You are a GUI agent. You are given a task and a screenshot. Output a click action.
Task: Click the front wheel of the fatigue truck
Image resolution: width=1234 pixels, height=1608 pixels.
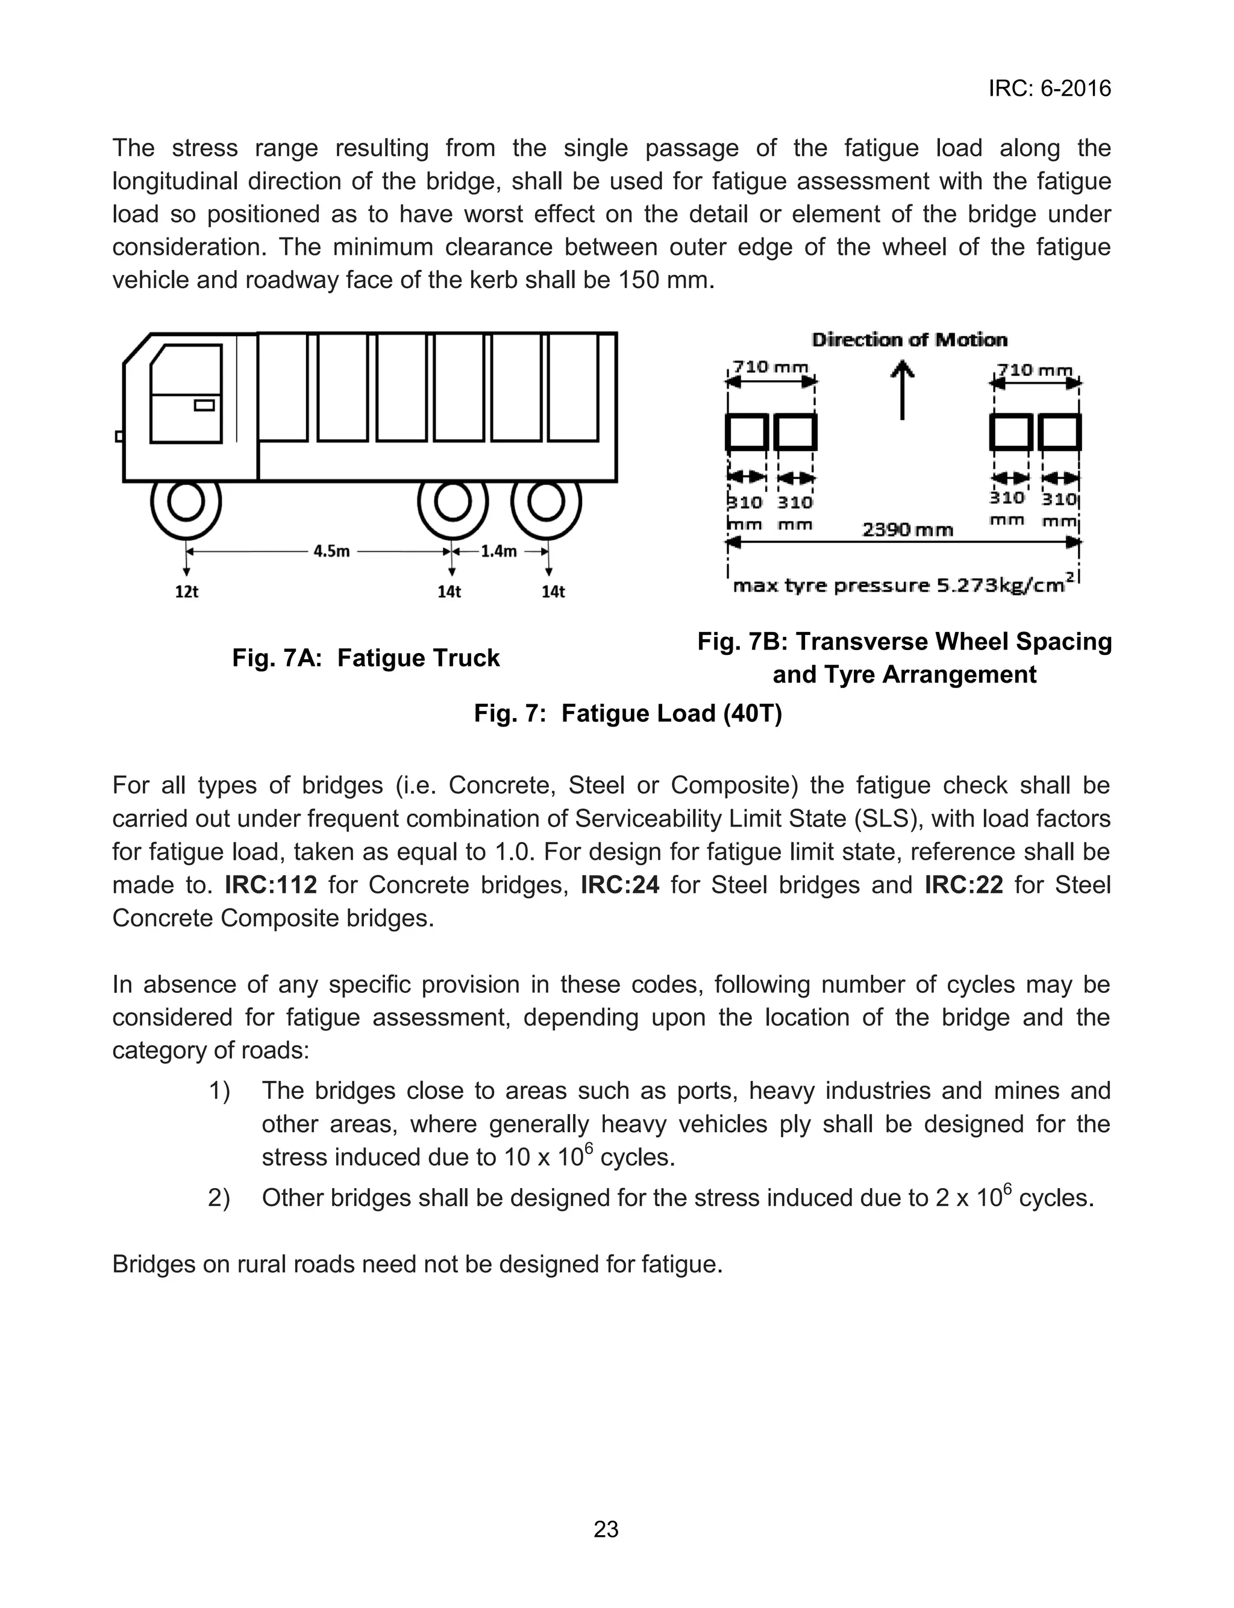(186, 503)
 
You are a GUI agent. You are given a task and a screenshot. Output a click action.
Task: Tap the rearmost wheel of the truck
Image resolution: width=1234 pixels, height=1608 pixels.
(546, 503)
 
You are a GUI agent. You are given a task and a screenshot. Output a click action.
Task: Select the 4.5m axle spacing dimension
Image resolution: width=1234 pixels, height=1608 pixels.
(331, 551)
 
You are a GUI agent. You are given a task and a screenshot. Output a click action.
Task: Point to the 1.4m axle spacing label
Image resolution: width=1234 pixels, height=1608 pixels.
(499, 551)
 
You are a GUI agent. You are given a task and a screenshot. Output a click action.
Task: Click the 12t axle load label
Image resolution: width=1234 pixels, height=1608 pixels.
(187, 592)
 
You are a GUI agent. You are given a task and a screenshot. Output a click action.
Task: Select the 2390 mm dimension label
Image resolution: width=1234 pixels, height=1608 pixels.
(907, 530)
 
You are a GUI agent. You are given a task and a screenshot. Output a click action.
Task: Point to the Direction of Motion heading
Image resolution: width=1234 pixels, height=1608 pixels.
(909, 340)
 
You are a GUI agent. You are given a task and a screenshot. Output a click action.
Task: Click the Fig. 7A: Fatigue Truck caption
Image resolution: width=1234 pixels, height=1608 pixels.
(366, 658)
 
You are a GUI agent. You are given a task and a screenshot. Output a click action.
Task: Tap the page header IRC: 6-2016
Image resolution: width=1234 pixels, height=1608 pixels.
(1049, 89)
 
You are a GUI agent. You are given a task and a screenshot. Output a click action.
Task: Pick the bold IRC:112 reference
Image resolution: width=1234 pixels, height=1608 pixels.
(271, 885)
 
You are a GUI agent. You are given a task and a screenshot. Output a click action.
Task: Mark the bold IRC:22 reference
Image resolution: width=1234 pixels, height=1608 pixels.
(963, 885)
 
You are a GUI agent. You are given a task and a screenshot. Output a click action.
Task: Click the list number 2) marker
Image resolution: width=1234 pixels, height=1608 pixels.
(219, 1198)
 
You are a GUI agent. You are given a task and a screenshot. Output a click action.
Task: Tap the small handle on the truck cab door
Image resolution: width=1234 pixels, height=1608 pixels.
(204, 405)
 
